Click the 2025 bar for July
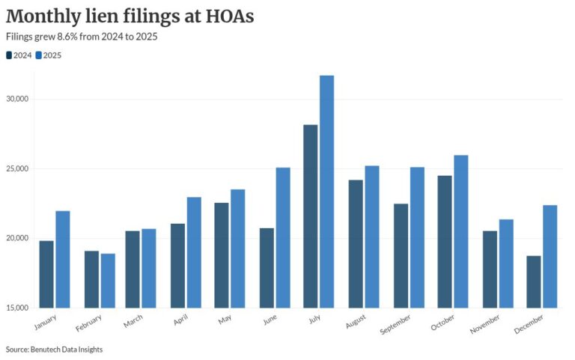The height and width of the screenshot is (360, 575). [326, 192]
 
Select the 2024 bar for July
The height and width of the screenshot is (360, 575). [310, 216]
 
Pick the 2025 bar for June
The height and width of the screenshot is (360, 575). [282, 237]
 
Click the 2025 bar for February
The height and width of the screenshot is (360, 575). [108, 281]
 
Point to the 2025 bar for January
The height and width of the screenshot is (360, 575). [63, 259]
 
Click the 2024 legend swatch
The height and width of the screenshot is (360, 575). [9, 55]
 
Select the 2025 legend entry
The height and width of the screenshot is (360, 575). [52, 55]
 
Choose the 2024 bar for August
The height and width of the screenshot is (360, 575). [355, 243]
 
